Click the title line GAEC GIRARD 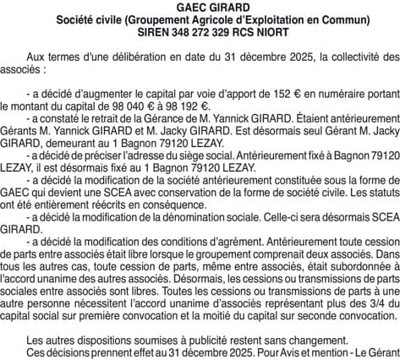[200, 7]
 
